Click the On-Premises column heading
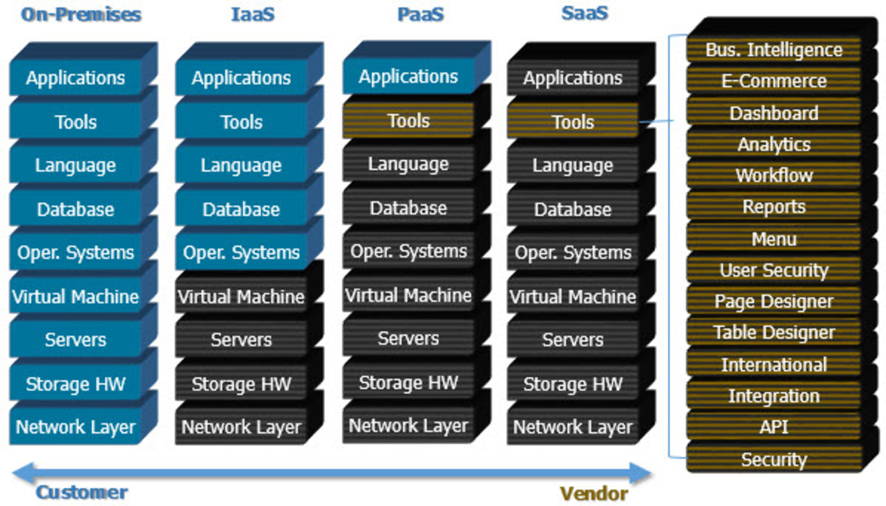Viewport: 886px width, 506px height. pyautogui.click(x=80, y=14)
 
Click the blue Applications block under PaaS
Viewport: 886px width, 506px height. pyautogui.click(x=408, y=77)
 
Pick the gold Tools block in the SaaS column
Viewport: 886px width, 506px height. pyautogui.click(x=573, y=121)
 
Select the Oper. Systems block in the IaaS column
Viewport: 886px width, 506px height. pyautogui.click(x=241, y=253)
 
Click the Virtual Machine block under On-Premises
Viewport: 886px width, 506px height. pyautogui.click(x=75, y=297)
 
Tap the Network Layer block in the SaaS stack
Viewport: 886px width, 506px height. pyautogui.click(x=573, y=427)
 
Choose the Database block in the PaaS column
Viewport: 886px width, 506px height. pyautogui.click(x=408, y=208)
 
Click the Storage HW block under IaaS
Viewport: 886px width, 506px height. pyautogui.click(x=241, y=384)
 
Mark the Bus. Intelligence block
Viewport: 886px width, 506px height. pyautogui.click(x=774, y=50)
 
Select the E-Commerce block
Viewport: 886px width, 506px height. pyautogui.click(x=774, y=81)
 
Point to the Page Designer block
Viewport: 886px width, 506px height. pyautogui.click(x=774, y=302)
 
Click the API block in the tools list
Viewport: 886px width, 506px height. pyautogui.click(x=774, y=427)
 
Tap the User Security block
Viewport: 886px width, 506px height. pyautogui.click(x=774, y=270)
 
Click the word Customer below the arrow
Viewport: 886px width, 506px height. pyautogui.click(x=82, y=493)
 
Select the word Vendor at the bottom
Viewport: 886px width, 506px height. pyautogui.click(x=594, y=493)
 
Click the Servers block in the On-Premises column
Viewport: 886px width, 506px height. pyautogui.click(x=75, y=340)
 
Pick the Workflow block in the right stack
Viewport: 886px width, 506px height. pyautogui.click(x=774, y=176)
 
